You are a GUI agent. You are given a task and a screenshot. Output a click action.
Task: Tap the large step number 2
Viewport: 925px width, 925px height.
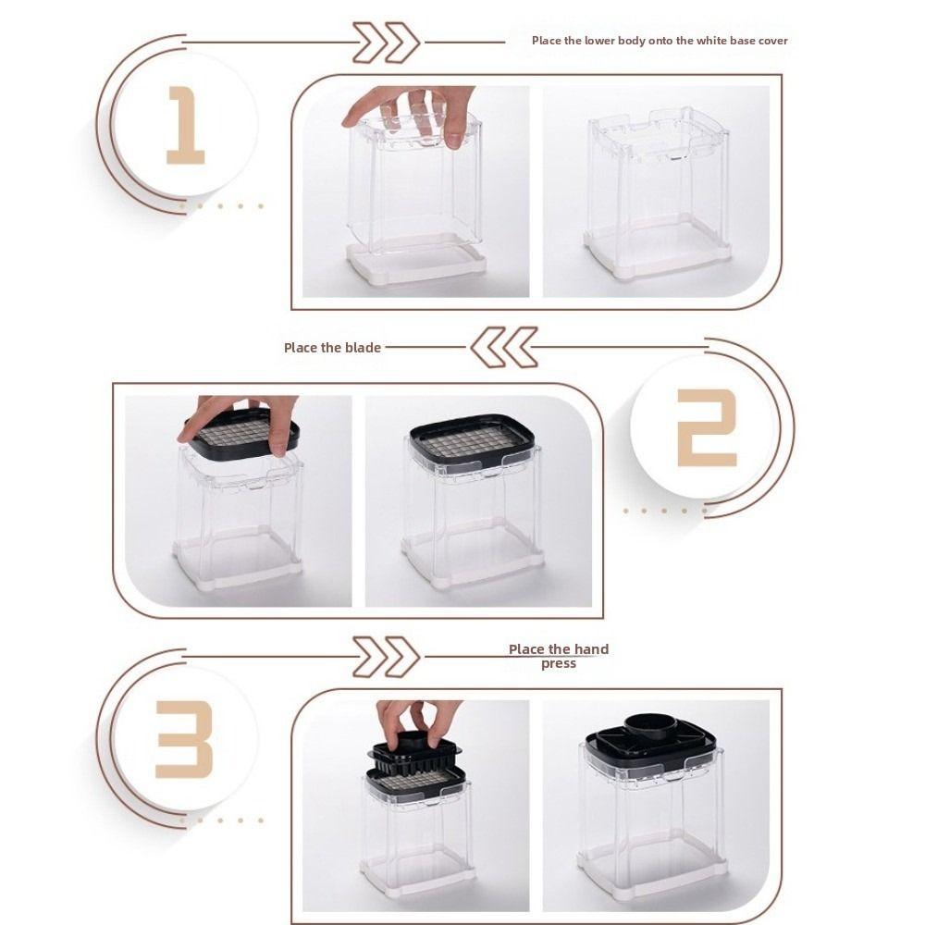point(707,427)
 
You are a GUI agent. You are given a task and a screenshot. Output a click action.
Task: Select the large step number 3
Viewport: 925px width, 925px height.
point(183,740)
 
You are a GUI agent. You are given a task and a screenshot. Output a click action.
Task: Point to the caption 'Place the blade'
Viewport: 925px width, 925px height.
point(332,348)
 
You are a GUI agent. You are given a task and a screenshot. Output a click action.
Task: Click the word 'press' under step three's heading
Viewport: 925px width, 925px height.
point(559,663)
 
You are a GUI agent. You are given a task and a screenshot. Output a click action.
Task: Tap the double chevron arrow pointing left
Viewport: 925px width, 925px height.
point(504,347)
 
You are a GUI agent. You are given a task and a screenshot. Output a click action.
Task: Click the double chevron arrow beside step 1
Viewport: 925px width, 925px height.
point(387,43)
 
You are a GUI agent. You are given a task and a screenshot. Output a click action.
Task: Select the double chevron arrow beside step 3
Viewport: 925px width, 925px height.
point(387,657)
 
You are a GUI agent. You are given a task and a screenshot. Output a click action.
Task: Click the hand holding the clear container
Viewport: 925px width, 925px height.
point(413,112)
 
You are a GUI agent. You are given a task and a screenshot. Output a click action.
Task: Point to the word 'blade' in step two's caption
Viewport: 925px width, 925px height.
point(363,348)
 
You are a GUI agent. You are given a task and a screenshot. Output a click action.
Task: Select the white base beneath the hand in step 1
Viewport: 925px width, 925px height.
point(416,260)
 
